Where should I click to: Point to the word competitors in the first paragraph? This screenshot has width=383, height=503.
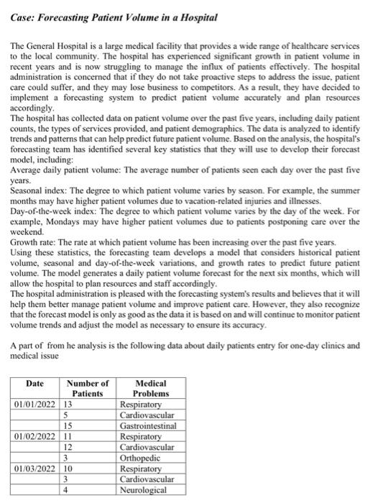tap(268, 93)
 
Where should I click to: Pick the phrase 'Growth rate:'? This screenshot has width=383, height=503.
tap(35, 243)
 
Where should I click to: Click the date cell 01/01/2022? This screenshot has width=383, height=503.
tap(35, 404)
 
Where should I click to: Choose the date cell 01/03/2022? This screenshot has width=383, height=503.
tap(35, 469)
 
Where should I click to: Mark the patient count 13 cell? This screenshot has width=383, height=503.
tap(70, 404)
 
